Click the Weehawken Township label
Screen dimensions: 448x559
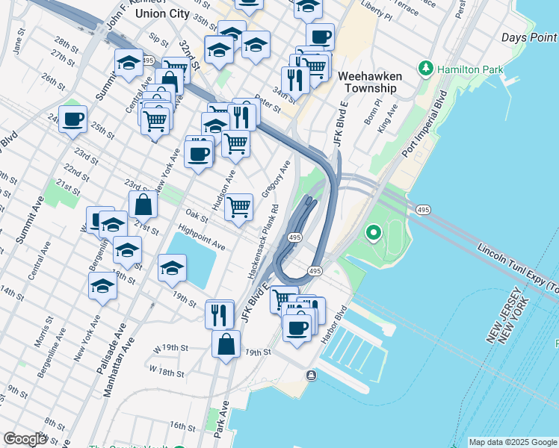click(x=370, y=82)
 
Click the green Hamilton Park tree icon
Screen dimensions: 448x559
click(x=426, y=69)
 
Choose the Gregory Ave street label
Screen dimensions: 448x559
click(x=279, y=177)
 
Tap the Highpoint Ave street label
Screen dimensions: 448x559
click(x=201, y=240)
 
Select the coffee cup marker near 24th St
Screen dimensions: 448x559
click(x=72, y=119)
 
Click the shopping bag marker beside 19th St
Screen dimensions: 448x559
click(x=226, y=345)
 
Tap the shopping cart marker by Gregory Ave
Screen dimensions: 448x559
click(x=238, y=207)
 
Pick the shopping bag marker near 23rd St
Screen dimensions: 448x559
click(x=143, y=204)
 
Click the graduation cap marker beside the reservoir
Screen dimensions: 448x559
click(x=172, y=268)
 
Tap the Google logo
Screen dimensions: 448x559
click(x=25, y=439)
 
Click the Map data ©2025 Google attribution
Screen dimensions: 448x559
click(x=512, y=442)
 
